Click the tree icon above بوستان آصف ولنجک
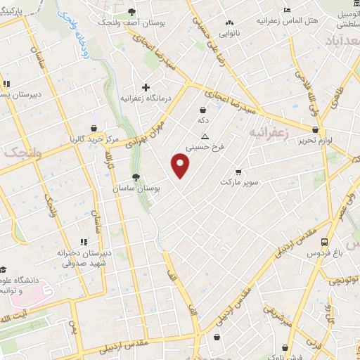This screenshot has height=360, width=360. (x=131, y=12)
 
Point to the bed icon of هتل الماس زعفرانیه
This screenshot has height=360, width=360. (x=287, y=10)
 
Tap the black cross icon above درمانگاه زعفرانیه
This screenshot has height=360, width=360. (x=146, y=87)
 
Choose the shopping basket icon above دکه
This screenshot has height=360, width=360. (x=203, y=110)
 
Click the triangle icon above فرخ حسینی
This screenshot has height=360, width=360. (x=205, y=136)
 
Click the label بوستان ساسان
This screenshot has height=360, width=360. (x=137, y=189)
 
